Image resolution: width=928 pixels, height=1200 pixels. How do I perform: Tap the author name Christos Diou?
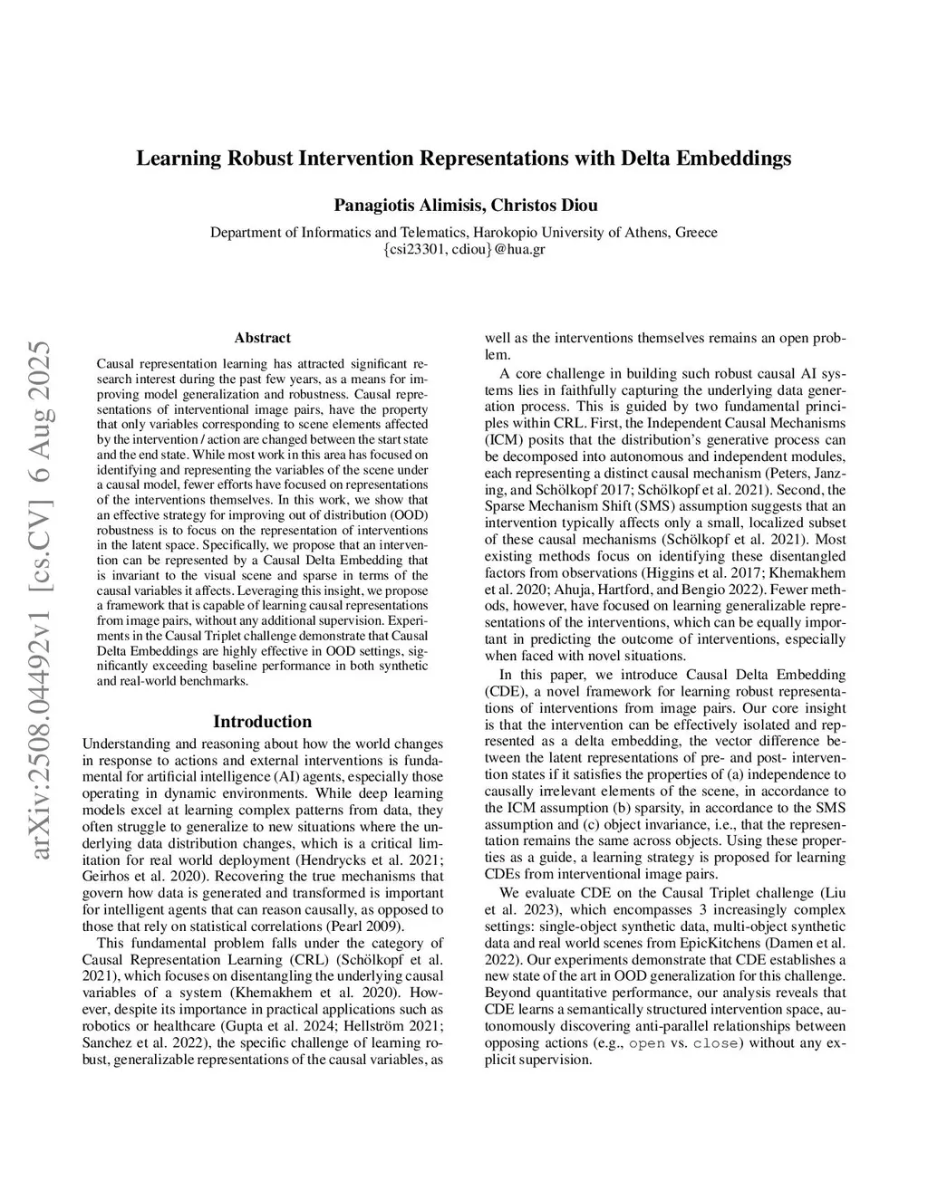(544, 205)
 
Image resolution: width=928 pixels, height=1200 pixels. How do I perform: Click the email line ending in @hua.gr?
(464, 249)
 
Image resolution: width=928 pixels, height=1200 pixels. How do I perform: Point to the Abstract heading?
(262, 338)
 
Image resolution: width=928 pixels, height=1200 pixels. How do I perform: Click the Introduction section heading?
(262, 721)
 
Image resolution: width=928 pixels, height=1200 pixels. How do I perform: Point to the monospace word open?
(647, 1043)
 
